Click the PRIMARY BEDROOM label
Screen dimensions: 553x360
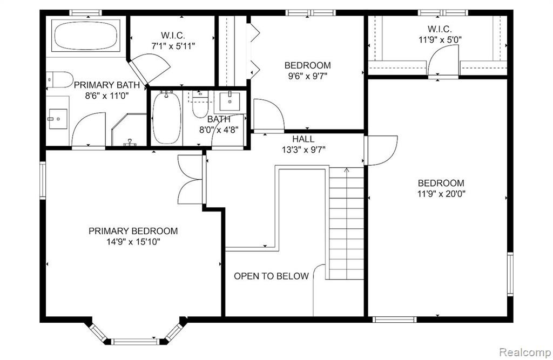(x=133, y=231)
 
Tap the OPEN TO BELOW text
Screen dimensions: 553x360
(x=271, y=276)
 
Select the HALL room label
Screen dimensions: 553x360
(x=304, y=139)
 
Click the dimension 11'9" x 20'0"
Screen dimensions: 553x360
(x=441, y=194)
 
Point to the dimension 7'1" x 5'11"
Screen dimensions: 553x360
(x=173, y=46)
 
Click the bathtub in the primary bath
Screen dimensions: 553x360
(x=86, y=36)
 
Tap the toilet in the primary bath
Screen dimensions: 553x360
(x=59, y=80)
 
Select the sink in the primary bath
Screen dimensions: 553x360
(x=58, y=119)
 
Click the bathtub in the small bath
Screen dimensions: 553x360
(x=166, y=118)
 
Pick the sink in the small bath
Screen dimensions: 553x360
(x=230, y=101)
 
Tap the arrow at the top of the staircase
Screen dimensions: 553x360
(x=347, y=171)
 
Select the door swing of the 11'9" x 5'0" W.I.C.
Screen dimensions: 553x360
(x=442, y=60)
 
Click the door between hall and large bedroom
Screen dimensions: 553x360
(x=381, y=151)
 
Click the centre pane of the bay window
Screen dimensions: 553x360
(x=135, y=342)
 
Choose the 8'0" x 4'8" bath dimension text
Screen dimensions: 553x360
(x=219, y=130)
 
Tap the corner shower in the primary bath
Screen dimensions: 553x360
(x=129, y=130)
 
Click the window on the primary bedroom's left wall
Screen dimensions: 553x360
(x=43, y=180)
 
